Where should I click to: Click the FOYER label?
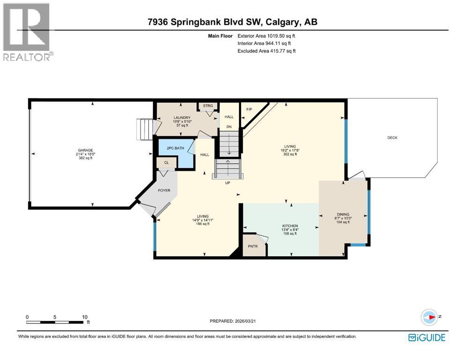point(164,190)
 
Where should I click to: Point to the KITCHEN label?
point(287,226)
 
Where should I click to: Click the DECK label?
point(392,137)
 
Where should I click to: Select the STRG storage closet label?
point(207,106)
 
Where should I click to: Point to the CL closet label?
point(166,163)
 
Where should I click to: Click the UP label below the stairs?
point(228,183)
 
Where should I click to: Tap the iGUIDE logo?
point(427,337)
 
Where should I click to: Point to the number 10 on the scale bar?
point(85,317)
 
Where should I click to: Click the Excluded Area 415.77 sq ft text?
point(267,51)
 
